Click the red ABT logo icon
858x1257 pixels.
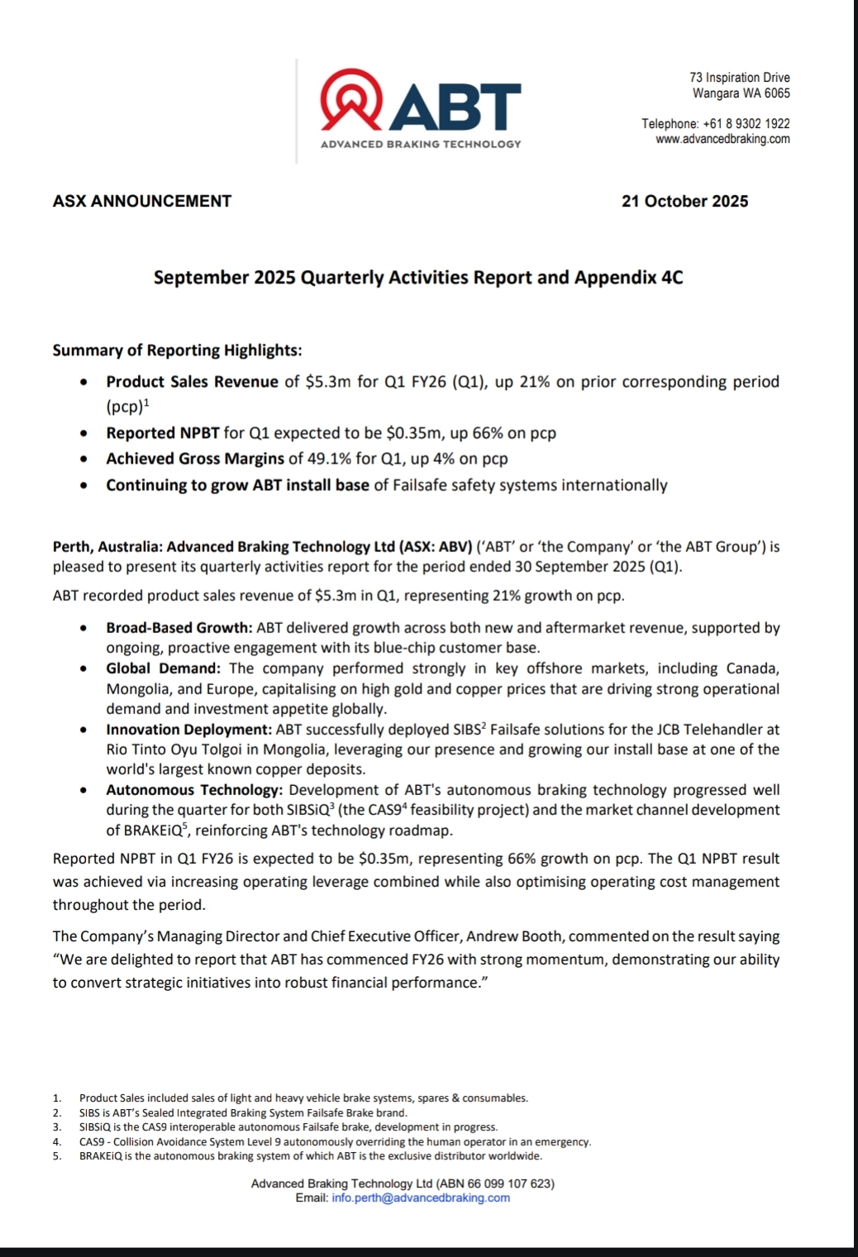pos(351,99)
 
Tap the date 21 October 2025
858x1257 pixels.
pos(684,201)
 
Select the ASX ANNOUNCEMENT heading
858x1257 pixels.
pos(142,201)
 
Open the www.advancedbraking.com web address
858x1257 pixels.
pos(722,139)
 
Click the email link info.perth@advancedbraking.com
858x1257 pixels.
pos(421,1197)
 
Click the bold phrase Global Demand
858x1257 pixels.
pos(163,669)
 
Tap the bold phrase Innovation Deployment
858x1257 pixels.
pos(188,730)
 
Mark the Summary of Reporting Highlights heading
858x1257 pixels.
pos(177,350)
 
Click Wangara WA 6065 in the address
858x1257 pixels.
pos(741,93)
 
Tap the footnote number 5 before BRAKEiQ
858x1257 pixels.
pos(56,1156)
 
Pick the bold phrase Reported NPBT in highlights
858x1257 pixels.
pos(163,433)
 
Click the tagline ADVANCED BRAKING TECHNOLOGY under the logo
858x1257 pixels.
pos(421,144)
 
